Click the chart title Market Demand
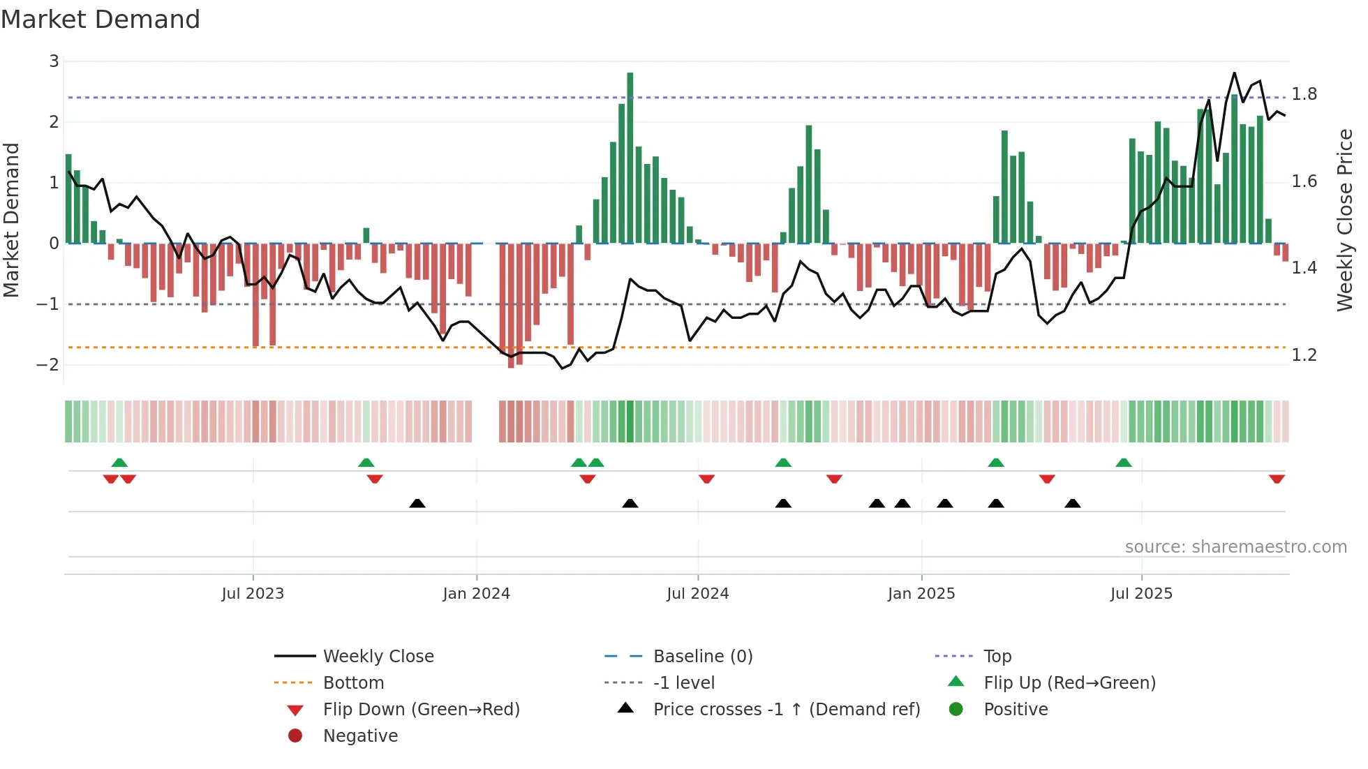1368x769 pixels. tap(101, 20)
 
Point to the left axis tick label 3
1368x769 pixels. tap(54, 61)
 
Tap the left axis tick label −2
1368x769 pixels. tap(48, 364)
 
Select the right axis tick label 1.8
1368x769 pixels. tap(1304, 94)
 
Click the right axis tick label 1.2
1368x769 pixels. tap(1304, 355)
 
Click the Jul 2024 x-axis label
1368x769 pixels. tap(697, 594)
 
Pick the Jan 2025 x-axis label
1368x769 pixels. tap(921, 594)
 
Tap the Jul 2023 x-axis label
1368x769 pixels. tap(253, 594)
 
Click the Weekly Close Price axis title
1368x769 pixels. tap(1344, 220)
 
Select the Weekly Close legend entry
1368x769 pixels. tap(378, 657)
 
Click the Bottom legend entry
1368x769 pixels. tap(353, 683)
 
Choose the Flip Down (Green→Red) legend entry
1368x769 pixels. tap(421, 710)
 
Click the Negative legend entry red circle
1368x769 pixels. tap(295, 736)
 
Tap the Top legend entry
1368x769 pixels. tap(997, 657)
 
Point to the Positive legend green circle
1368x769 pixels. tap(956, 710)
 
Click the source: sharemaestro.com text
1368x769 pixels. tap(1235, 547)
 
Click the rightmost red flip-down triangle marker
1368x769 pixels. tap(1277, 479)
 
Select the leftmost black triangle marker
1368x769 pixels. tap(417, 503)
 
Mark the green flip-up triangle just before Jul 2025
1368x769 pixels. tap(1123, 463)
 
